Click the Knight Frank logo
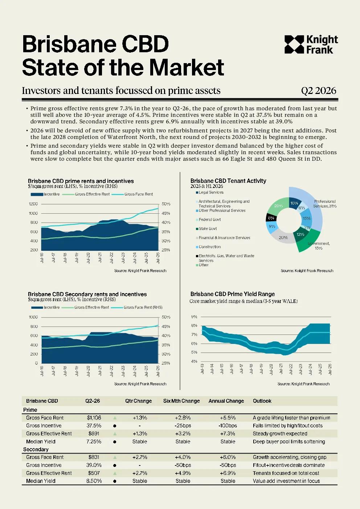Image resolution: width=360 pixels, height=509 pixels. click(311, 45)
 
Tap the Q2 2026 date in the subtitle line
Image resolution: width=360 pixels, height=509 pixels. click(318, 90)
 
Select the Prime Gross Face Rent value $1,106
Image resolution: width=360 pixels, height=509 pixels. click(94, 418)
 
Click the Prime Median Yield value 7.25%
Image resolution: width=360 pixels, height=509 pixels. click(94, 442)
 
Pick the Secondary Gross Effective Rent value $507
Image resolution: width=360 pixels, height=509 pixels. click(94, 473)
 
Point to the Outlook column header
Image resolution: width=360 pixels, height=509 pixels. click(262, 401)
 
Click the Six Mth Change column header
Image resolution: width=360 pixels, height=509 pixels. click(181, 401)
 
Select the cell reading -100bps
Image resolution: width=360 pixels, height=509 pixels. click(228, 426)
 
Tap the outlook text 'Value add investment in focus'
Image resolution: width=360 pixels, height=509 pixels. click(286, 481)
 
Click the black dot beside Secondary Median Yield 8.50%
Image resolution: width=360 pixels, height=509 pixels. click(115, 481)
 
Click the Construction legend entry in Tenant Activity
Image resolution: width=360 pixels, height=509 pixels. click(208, 247)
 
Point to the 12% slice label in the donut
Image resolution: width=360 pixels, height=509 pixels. click(300, 234)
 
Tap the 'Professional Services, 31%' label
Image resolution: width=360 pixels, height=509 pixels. click(325, 204)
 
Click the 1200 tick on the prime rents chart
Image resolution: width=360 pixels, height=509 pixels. click(33, 204)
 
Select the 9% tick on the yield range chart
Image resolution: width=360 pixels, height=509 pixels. click(194, 316)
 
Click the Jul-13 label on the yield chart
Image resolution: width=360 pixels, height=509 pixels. click(202, 369)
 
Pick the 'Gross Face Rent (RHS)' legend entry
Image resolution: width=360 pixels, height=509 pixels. click(143, 307)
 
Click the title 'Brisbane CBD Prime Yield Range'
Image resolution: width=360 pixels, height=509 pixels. click(233, 294)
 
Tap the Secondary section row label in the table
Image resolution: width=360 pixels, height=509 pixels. click(36, 449)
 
